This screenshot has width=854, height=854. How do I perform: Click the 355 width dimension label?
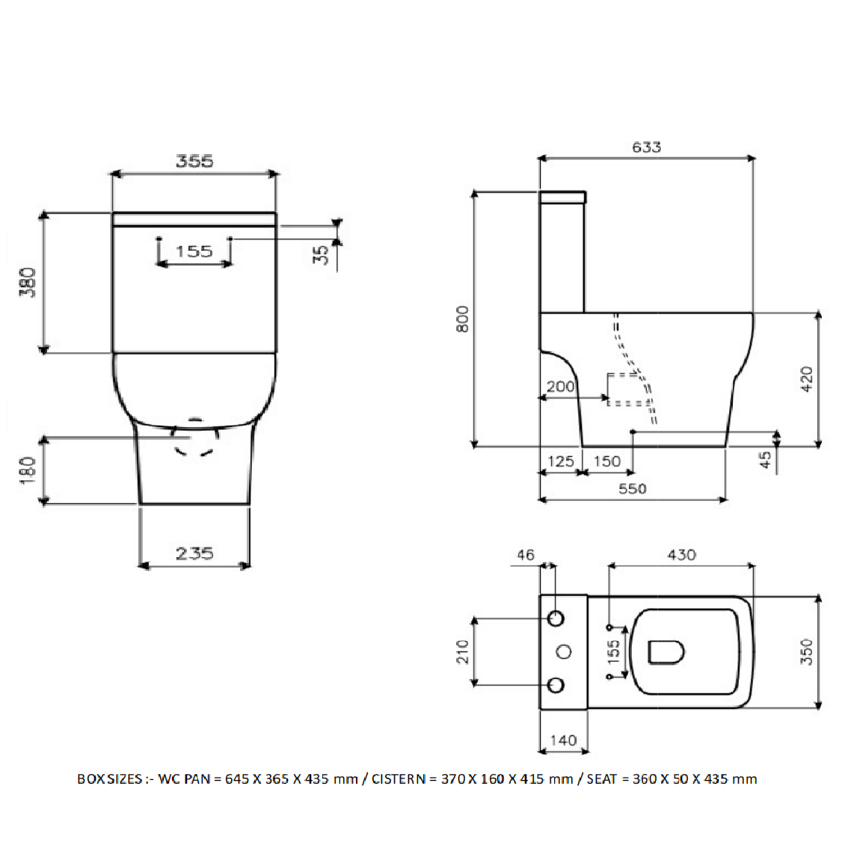click(x=194, y=162)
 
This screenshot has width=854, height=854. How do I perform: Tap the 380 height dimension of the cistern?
click(x=28, y=282)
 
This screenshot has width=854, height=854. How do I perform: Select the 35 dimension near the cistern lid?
click(x=322, y=254)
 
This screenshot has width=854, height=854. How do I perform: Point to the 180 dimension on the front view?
click(x=28, y=470)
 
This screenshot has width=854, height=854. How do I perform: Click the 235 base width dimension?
click(x=194, y=554)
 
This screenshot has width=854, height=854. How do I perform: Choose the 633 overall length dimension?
click(x=647, y=147)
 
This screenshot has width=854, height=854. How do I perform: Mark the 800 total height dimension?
click(x=462, y=319)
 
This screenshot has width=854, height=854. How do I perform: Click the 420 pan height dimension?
click(x=807, y=379)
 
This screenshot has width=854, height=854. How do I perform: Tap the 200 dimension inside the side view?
click(x=560, y=387)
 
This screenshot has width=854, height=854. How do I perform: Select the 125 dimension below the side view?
click(x=560, y=462)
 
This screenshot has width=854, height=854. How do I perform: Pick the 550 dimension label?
click(x=633, y=489)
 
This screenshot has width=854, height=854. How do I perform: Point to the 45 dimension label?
click(x=766, y=460)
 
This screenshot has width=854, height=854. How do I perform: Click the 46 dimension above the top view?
click(x=526, y=555)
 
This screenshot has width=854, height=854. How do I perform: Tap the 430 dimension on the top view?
click(x=681, y=555)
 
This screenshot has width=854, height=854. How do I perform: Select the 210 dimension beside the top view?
click(x=462, y=652)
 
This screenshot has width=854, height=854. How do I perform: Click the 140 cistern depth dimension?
click(x=563, y=741)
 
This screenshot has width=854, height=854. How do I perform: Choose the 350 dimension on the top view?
click(x=807, y=652)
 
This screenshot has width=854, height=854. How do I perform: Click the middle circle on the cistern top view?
click(x=565, y=651)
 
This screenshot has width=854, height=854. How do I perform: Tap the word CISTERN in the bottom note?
click(x=398, y=779)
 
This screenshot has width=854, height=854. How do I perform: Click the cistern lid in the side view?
click(x=562, y=197)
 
